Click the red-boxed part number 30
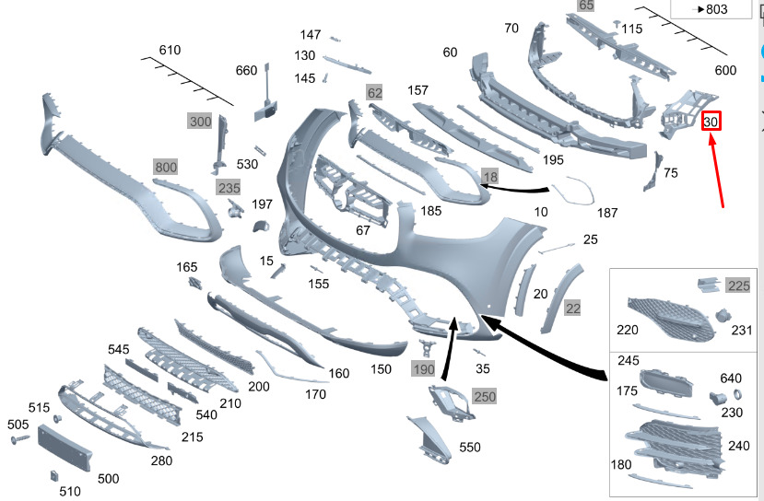coord(711,122)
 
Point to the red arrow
coord(717,170)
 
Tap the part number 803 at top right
coord(717,9)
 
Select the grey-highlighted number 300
coord(200,122)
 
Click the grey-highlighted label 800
coord(166,167)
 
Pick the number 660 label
coord(246,71)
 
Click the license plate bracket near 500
coord(65,448)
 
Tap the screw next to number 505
coord(19,439)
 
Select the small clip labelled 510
coord(54,475)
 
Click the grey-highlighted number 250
coord(485,396)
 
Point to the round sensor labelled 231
coord(723,315)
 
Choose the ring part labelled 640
coord(737,394)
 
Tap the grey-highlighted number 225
coord(739,285)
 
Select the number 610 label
coord(170,50)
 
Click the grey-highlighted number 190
coord(423,369)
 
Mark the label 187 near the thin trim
coord(607,213)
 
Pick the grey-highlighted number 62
coord(375,92)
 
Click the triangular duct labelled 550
coord(430,439)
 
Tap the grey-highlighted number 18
coord(490,176)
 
